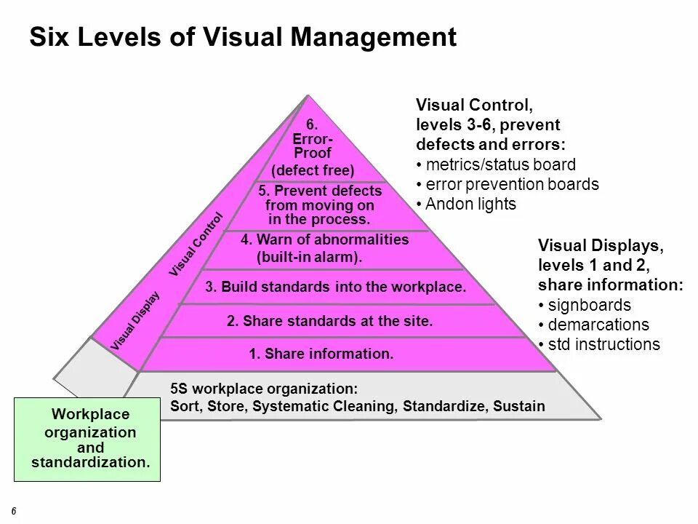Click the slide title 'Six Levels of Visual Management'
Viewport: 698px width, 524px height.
243,38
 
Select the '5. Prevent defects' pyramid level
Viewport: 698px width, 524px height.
319,205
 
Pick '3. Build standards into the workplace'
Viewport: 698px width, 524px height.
335,287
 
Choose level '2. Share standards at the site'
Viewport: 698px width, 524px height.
329,320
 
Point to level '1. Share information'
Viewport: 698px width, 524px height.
321,354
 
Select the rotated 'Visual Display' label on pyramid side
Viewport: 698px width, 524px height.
135,321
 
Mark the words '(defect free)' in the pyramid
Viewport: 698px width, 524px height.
313,171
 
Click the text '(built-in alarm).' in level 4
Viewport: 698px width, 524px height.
310,257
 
